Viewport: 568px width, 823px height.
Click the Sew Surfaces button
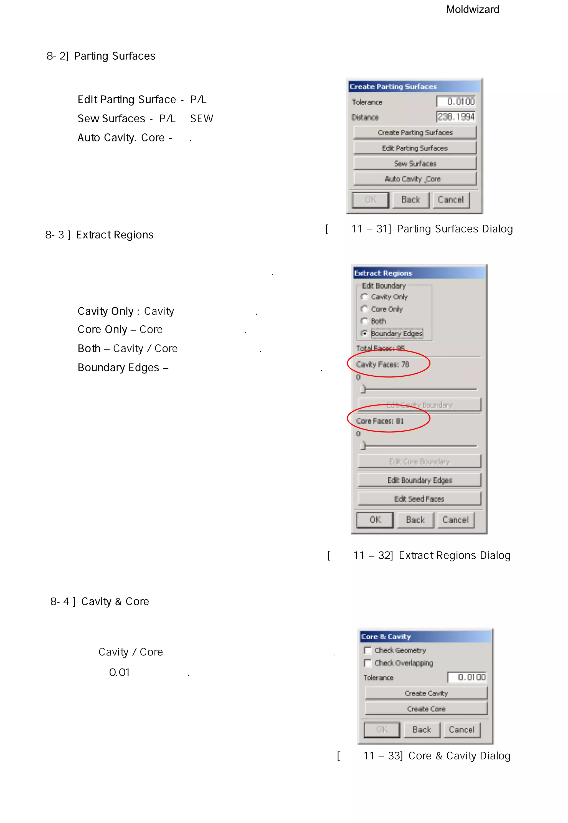point(415,163)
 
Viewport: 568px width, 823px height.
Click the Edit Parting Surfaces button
point(415,148)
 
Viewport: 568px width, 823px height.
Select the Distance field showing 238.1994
point(456,117)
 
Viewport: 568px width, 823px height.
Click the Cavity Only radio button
point(364,297)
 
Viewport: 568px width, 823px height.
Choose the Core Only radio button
point(364,309)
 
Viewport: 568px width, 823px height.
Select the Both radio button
point(364,321)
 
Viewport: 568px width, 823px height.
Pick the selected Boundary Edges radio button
point(364,333)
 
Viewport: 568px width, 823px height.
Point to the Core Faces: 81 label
point(380,421)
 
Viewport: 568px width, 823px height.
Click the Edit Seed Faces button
point(419,499)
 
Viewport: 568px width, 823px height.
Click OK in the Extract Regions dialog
point(375,520)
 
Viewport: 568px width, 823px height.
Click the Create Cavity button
point(426,693)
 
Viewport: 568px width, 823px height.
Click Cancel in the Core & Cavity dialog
point(461,730)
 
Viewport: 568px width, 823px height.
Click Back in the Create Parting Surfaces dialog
point(411,200)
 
